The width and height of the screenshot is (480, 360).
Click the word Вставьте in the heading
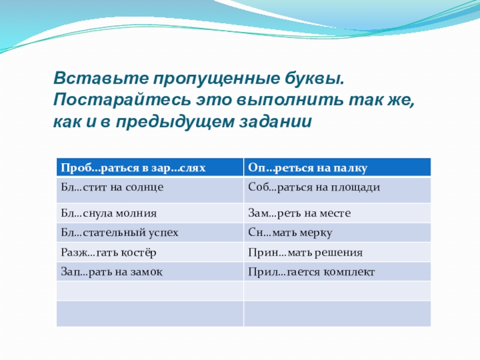101,78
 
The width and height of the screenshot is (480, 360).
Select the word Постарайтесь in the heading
122,100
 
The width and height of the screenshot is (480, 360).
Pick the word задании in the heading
275,122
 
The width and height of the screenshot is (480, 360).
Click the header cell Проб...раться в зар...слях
150,167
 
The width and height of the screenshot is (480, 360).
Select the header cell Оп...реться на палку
337,167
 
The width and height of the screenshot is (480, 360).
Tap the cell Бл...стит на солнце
150,190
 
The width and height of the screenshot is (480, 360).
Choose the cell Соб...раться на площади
337,190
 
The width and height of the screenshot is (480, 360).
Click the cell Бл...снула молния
150,213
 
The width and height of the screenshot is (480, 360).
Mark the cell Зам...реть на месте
337,213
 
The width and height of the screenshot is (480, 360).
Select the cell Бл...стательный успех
150,232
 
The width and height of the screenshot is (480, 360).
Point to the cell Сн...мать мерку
337,232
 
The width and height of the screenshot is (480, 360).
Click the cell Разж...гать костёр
150,252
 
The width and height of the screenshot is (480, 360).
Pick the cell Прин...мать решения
337,252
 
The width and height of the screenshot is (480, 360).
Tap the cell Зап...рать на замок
150,271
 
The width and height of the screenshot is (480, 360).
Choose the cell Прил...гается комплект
337,271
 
